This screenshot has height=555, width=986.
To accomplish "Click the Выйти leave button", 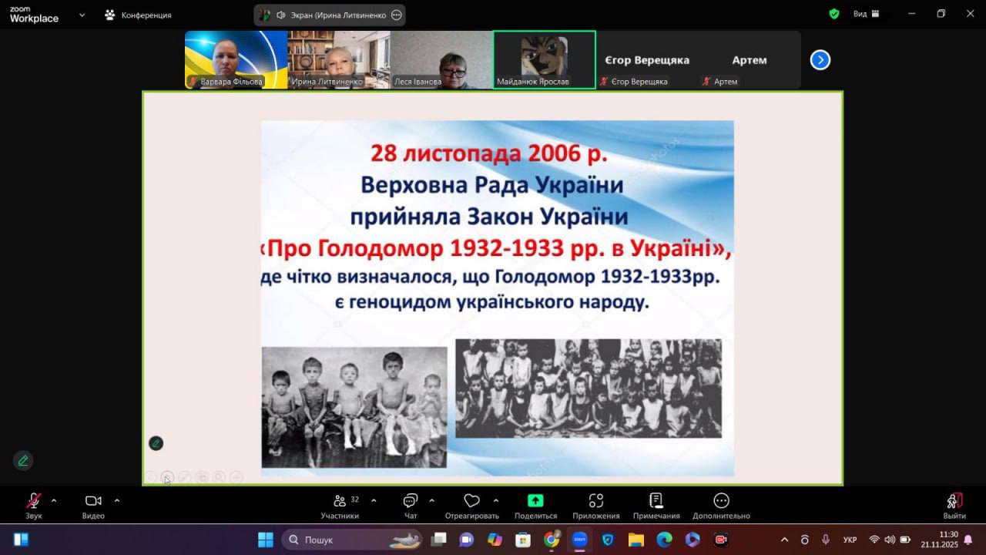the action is coord(954,505).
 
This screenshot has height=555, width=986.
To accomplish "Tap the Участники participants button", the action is coord(340,505).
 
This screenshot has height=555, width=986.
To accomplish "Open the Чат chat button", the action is coord(411,505).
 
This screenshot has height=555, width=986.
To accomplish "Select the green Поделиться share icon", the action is coord(535,500).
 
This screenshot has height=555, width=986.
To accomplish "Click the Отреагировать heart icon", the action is coord(471,500).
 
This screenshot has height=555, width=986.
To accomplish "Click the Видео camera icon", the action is coord(93,501).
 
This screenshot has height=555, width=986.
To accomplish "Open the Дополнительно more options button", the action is coord(721,505).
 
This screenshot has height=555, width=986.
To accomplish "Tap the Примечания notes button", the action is coord(656,505).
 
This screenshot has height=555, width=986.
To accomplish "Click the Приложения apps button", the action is coord(596,505).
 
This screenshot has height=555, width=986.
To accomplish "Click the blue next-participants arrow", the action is coord(820,60).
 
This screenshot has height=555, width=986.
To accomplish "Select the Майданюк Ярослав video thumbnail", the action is coord(545,60).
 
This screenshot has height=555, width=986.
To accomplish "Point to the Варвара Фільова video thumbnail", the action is coord(236,60).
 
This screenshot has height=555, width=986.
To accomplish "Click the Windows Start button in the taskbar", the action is coord(266,540).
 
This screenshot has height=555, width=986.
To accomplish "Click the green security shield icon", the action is coord(833,14).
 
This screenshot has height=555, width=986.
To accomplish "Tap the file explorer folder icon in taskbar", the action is coord(636,540).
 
